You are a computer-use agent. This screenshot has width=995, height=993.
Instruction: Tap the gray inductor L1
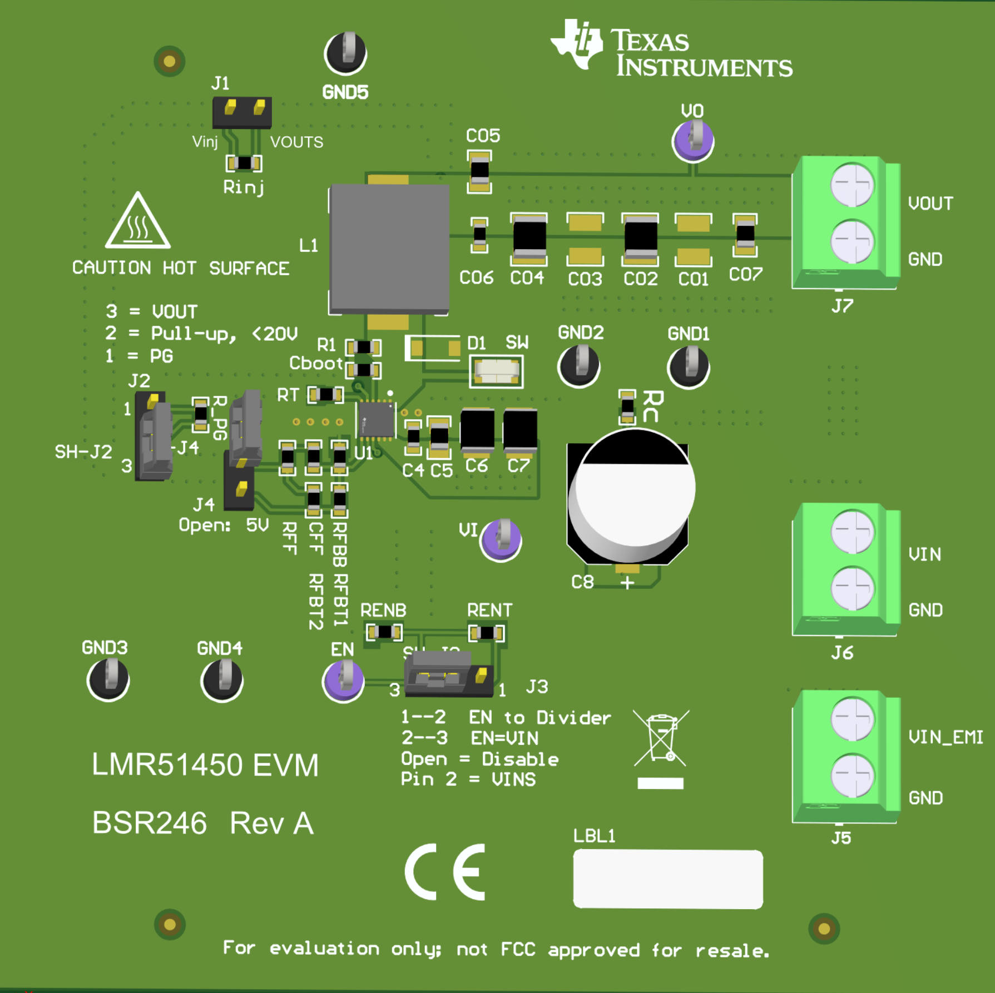point(389,249)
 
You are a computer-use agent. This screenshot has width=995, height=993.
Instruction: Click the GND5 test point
point(345,53)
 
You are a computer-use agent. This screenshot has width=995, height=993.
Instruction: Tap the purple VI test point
point(501,539)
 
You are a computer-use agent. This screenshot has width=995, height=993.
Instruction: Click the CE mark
point(445,872)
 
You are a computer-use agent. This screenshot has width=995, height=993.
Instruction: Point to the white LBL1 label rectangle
point(667,879)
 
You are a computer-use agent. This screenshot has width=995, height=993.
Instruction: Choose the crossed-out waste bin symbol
point(661,739)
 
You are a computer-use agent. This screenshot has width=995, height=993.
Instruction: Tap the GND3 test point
point(108,679)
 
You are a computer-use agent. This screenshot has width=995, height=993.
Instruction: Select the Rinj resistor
point(244,163)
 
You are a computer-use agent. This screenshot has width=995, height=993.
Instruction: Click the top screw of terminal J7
point(852,185)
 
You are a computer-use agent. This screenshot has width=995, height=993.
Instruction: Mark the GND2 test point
point(578,365)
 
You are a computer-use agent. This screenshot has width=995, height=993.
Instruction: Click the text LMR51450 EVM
point(205,764)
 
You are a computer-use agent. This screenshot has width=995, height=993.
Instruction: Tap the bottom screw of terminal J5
point(852,775)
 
